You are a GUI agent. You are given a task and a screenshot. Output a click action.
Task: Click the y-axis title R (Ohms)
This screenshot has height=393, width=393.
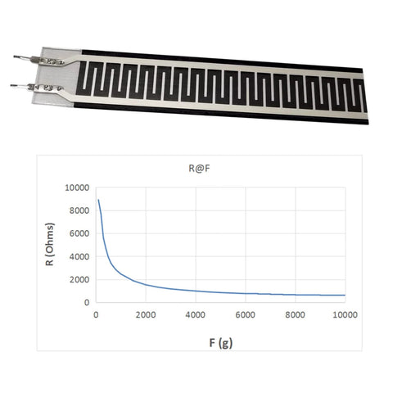tap(51, 245)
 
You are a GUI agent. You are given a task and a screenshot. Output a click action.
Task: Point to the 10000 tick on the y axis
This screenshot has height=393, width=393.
tap(76, 187)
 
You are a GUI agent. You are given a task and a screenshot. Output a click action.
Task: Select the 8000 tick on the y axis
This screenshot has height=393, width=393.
tap(79, 210)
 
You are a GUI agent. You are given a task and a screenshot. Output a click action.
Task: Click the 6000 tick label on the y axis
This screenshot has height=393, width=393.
tap(79, 233)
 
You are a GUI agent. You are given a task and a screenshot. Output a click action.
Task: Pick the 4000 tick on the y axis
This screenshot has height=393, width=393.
tap(79, 256)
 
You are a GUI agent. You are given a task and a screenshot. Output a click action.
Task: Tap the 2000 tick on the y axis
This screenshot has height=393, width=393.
tap(79, 279)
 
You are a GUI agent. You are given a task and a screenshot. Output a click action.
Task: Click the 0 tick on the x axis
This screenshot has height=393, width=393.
tap(96, 314)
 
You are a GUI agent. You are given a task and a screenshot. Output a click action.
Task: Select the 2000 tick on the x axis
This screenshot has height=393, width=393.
tap(146, 314)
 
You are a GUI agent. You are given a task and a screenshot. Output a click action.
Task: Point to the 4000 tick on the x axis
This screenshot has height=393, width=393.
tap(196, 314)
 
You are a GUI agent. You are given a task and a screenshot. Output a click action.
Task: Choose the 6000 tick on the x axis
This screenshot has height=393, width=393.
tap(246, 314)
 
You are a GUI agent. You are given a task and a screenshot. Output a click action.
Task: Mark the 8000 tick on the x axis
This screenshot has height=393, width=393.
tap(296, 314)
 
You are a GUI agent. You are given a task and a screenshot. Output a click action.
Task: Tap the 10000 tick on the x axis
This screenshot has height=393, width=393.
tap(344, 314)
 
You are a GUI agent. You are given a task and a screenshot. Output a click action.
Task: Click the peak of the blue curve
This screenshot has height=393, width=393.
tap(98, 200)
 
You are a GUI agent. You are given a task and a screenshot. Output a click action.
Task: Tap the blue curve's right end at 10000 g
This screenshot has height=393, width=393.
tap(345, 295)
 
